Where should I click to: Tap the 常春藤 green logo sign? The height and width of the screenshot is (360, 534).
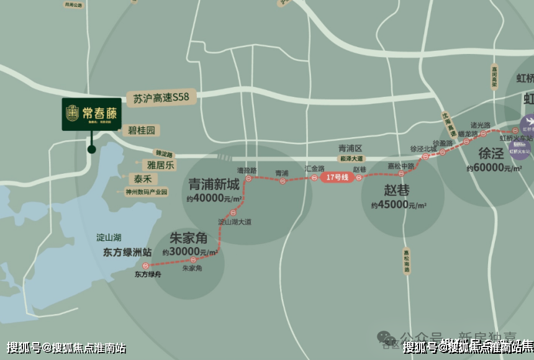tap(91, 114)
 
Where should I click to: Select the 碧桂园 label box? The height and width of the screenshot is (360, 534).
tap(140, 130)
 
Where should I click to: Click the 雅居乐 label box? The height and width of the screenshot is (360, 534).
tap(159, 165)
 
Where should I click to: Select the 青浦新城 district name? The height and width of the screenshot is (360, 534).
tap(214, 184)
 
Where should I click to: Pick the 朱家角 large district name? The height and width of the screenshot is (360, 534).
tap(189, 239)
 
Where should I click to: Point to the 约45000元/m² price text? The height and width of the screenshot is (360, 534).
tap(398, 205)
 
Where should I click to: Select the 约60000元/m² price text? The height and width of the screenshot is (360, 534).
tap(495, 168)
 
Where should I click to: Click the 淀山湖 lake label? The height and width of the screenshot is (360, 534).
tap(108, 238)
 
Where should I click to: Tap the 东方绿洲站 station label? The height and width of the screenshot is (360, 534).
tap(128, 252)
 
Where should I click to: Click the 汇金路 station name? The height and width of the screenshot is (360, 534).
tap(315, 168)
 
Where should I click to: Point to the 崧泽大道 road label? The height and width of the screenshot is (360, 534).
tap(351, 159)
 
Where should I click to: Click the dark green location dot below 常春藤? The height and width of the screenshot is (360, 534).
tap(91, 149)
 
